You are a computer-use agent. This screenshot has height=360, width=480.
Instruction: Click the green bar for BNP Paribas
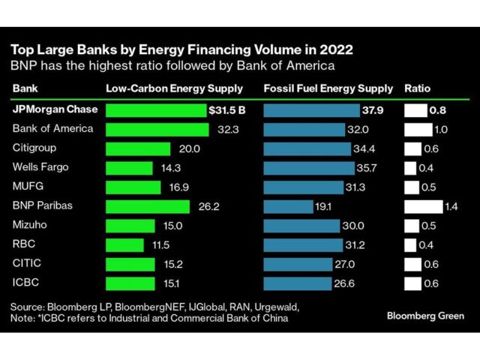(148, 206)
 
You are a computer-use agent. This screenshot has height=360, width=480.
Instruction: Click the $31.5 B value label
(226, 110)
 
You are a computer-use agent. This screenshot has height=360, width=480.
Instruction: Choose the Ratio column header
(417, 88)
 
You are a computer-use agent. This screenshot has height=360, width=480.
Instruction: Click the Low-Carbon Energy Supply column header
(174, 88)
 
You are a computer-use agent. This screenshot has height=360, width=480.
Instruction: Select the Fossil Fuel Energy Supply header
(328, 88)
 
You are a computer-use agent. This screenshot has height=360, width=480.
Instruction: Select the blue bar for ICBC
(298, 283)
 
